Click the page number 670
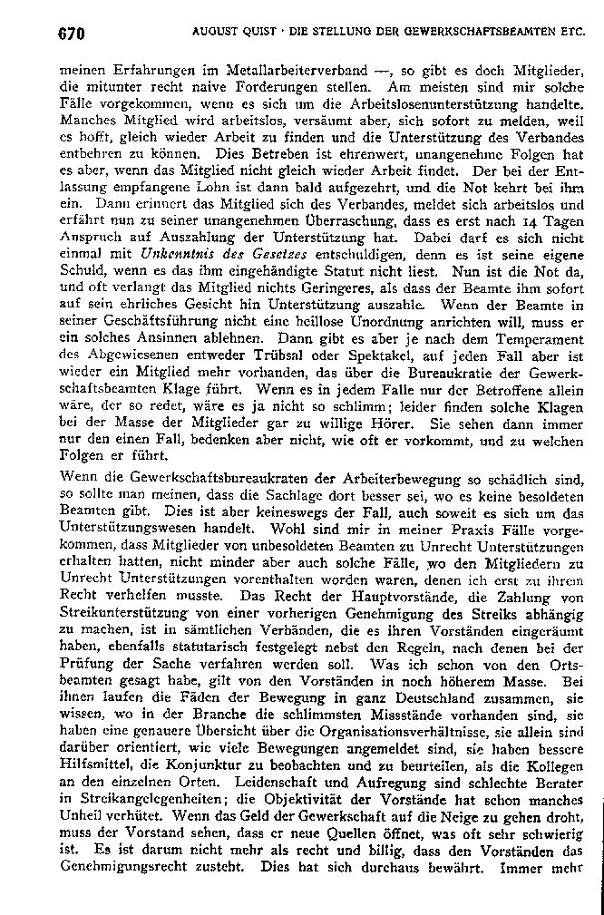[71, 34]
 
